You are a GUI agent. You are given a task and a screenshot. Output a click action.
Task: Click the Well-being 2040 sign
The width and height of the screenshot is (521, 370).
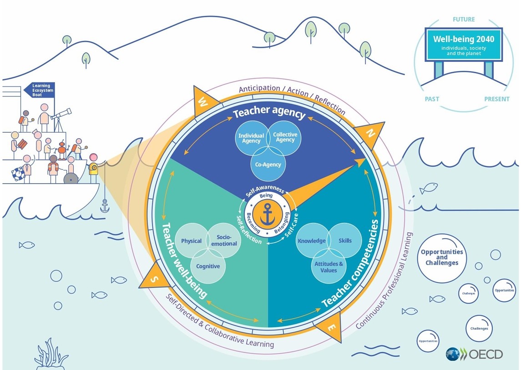[x=463, y=45]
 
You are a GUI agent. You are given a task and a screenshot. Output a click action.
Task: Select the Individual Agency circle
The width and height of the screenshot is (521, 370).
[x=251, y=138]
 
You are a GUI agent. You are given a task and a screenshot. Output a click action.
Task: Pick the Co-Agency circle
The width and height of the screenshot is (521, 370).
[x=268, y=164]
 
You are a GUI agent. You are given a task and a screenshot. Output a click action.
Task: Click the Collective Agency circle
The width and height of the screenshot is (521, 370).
[x=285, y=137]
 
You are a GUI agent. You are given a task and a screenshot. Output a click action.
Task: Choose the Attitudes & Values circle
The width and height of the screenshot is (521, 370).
[x=329, y=267]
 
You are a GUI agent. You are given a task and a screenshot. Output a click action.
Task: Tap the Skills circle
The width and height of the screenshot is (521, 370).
[x=345, y=240]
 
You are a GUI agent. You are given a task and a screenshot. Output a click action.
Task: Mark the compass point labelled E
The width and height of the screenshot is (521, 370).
[x=331, y=326]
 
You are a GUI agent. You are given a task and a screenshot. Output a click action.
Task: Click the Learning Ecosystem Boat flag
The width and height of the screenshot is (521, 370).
[x=40, y=90]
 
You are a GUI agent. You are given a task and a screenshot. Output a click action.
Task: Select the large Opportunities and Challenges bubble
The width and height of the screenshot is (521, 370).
[x=441, y=257]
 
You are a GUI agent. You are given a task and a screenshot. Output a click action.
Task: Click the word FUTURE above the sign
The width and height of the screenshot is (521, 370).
[x=464, y=20]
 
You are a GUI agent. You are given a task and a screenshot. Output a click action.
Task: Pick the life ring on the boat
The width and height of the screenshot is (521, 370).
[x=18, y=173]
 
